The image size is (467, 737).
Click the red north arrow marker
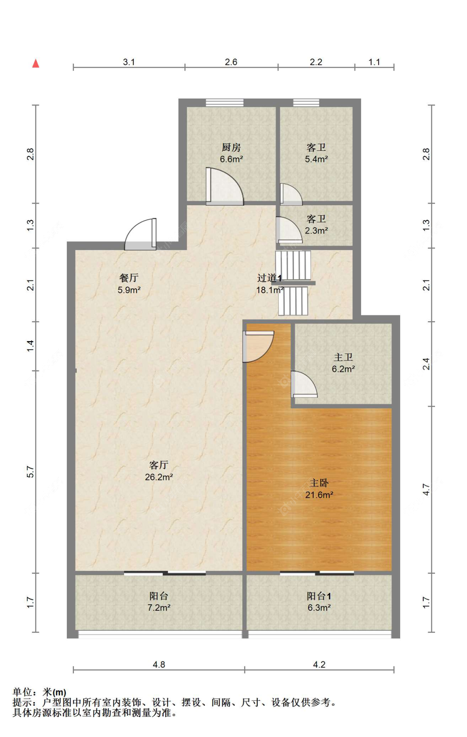tap(36, 63)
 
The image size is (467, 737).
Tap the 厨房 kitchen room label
tap(231, 147)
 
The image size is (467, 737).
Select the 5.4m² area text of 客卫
tap(316, 159)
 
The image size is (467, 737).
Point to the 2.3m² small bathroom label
tap(316, 231)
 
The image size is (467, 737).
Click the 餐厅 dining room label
tap(129, 278)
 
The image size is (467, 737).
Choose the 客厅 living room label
tap(159, 465)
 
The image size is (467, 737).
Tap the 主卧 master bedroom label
tap(319, 483)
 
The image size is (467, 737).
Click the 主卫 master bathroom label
tap(343, 357)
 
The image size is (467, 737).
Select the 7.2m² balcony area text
tap(159, 608)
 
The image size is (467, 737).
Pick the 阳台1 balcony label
tap(319, 596)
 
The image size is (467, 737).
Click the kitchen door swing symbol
tap(225, 186)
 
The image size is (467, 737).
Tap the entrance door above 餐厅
tap(141, 234)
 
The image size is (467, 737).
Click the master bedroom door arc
tap(258, 346)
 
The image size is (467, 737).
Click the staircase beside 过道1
tap(293, 283)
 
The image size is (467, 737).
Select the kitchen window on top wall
tap(225, 103)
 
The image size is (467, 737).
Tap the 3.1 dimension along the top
tap(129, 62)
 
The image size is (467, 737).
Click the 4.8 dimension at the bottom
tap(159, 664)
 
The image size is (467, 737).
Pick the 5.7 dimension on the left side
tap(30, 472)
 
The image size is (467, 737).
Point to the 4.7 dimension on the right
tap(426, 489)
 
